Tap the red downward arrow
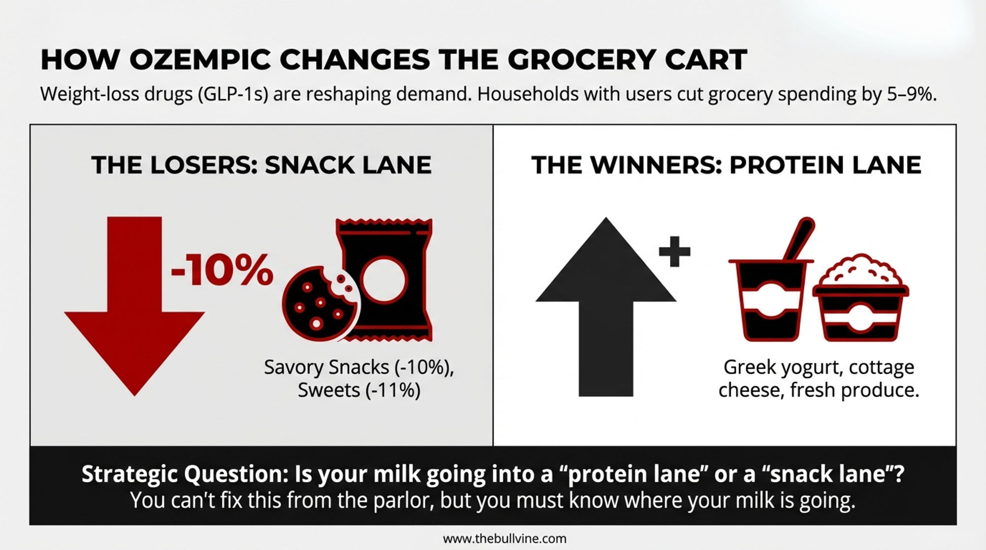pyautogui.click(x=135, y=306)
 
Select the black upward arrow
pyautogui.click(x=606, y=307)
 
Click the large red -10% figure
pyautogui.click(x=222, y=270)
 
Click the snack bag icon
pyautogui.click(x=385, y=280)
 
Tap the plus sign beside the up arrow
pyautogui.click(x=674, y=251)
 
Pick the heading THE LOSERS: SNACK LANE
pyautogui.click(x=261, y=165)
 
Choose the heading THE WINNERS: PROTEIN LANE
pyautogui.click(x=726, y=165)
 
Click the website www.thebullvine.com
pyautogui.click(x=505, y=539)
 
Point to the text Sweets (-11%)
pyautogui.click(x=359, y=390)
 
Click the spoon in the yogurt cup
pyautogui.click(x=799, y=239)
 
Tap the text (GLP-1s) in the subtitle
pyautogui.click(x=233, y=94)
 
